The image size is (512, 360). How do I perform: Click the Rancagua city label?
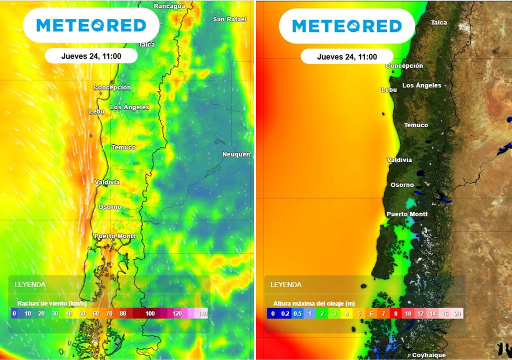click(x=169, y=6)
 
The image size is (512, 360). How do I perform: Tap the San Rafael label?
click(x=230, y=19)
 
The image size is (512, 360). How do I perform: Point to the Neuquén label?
click(x=236, y=154)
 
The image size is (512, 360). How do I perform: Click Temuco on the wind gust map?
click(x=123, y=147)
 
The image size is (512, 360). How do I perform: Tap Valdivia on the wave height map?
click(x=399, y=160)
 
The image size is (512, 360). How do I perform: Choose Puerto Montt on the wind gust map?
click(x=114, y=236)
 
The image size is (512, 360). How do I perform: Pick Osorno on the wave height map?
click(x=402, y=185)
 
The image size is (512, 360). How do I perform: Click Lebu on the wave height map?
click(x=389, y=90)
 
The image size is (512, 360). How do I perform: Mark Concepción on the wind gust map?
click(x=112, y=87)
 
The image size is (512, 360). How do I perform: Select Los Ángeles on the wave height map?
click(x=421, y=85)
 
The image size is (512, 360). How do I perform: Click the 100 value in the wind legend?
click(x=150, y=313)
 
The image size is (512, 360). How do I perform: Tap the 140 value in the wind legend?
click(x=202, y=313)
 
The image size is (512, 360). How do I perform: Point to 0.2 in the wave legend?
click(x=285, y=313)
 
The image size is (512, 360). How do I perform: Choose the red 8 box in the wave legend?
click(x=395, y=313)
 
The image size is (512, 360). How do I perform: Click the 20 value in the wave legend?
click(x=457, y=313)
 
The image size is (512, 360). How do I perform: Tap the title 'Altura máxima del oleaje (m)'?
click(x=314, y=303)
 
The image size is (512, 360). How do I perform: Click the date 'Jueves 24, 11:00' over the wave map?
click(x=347, y=57)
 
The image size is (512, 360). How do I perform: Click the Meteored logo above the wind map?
click(x=91, y=25)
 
